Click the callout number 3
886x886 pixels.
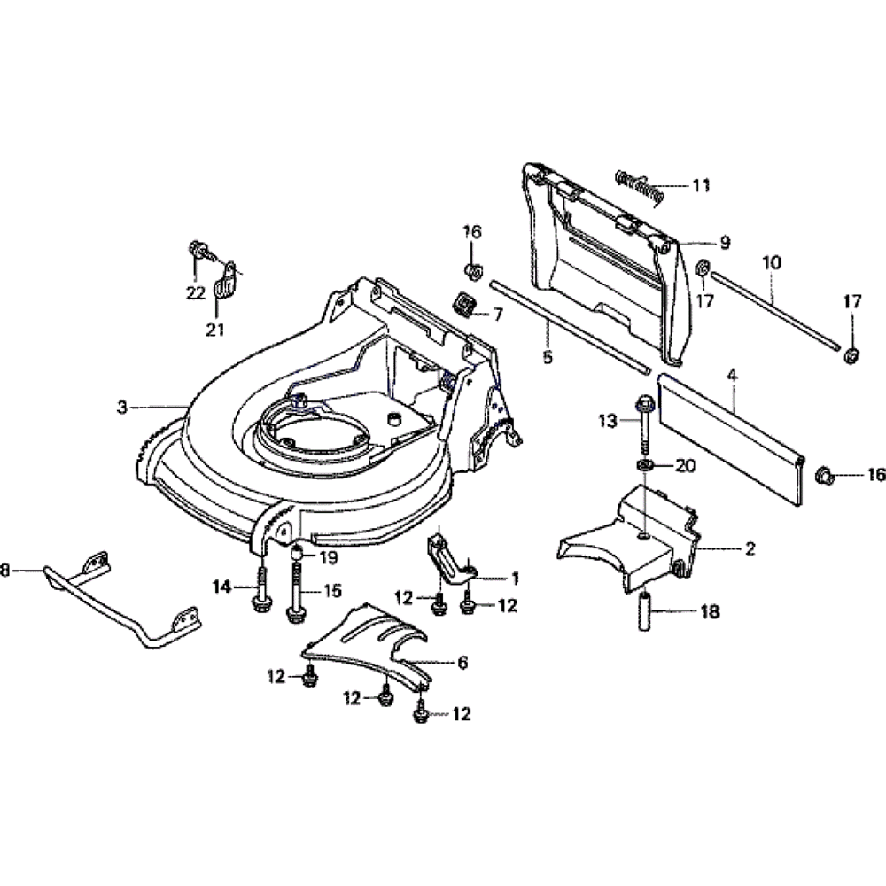[122, 407]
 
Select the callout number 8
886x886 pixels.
[5, 572]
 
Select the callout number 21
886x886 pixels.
[215, 330]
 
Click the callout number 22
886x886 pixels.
[196, 294]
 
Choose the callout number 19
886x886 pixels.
[329, 557]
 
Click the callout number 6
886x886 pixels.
[462, 661]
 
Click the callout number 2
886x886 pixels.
[750, 549]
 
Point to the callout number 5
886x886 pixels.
[547, 357]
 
